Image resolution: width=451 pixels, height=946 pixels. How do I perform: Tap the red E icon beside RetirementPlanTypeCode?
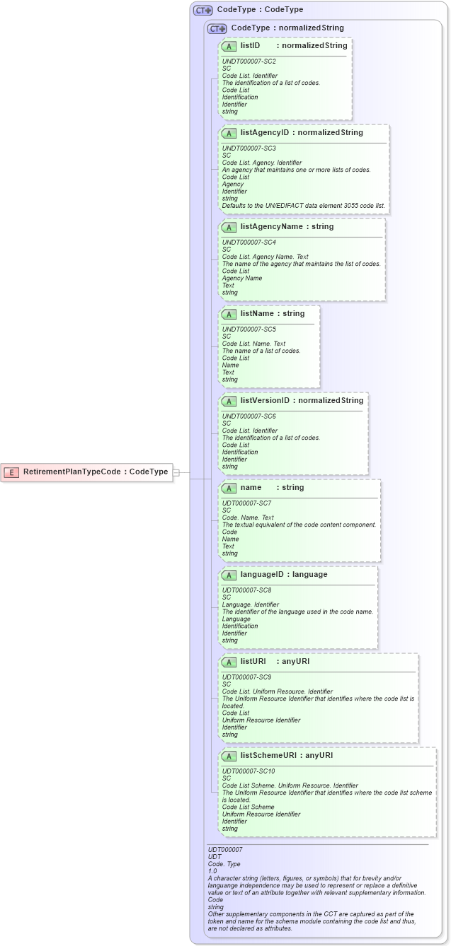[x=12, y=472]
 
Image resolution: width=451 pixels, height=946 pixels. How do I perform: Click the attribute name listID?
[x=250, y=45]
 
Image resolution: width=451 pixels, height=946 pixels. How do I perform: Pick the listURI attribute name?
[x=253, y=661]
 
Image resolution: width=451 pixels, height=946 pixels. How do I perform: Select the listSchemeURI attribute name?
[x=271, y=755]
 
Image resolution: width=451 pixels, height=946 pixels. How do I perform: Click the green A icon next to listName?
[x=229, y=314]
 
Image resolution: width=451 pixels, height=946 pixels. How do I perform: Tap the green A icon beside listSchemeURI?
[x=229, y=756]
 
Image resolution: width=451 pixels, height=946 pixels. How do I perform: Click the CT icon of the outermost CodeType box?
[x=203, y=11]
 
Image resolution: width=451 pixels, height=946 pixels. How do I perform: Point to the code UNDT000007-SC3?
[x=249, y=148]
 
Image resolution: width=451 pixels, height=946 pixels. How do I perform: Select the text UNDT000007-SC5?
[x=249, y=329]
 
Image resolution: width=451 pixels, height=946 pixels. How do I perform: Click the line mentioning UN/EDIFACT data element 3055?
[x=303, y=206]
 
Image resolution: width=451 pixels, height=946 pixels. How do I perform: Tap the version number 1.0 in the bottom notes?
[x=212, y=871]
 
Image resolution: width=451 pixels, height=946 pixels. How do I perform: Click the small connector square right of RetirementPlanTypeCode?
[x=177, y=472]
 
